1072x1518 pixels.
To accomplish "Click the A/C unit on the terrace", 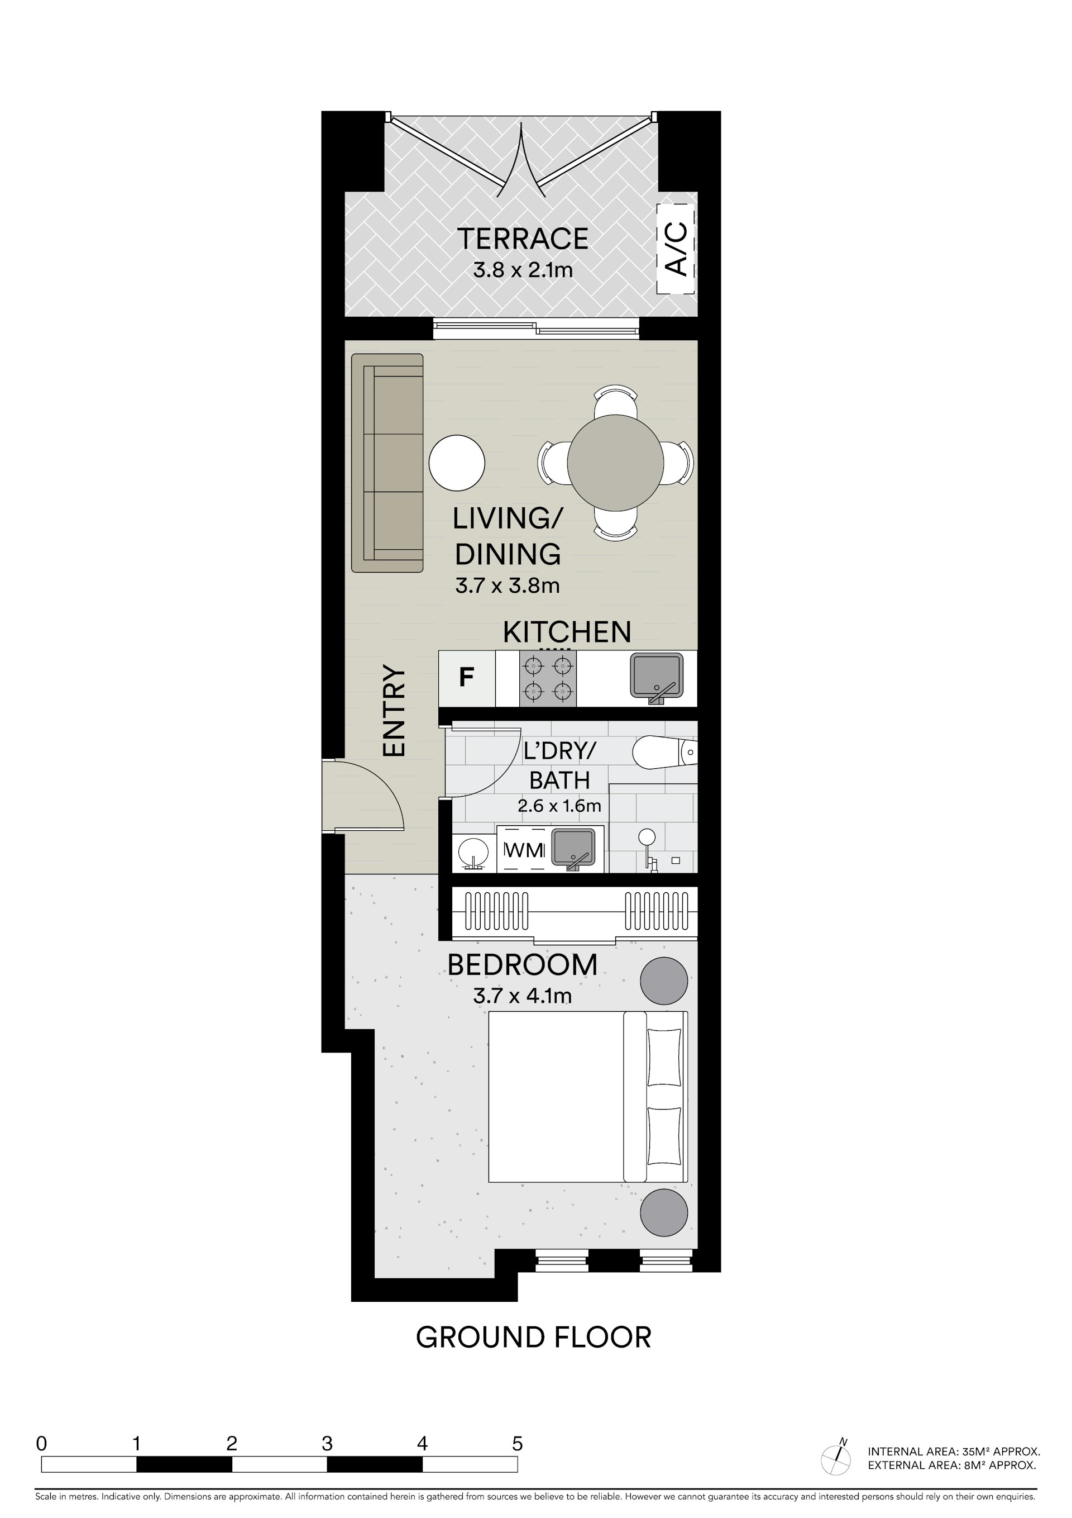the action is coord(676,249).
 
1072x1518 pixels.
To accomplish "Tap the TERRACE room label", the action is coord(523,239).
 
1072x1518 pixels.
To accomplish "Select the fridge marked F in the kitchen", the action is coord(467,678).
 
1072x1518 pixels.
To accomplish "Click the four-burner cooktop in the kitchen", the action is coord(547,678).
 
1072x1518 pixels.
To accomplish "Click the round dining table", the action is coord(615,463).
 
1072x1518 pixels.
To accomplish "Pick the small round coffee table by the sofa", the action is coord(457,463).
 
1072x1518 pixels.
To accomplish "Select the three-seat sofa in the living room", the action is coord(387,463).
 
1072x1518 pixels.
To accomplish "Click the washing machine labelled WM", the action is coord(524,850).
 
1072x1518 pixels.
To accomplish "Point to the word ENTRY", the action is coord(394,711).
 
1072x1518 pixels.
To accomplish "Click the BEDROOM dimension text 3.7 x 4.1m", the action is coord(523,996).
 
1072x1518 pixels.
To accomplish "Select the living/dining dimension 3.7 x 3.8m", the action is coord(508,586).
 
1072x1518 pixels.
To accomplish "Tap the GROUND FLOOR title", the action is coord(534,1337).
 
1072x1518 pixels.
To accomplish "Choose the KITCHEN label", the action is coord(567,632).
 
